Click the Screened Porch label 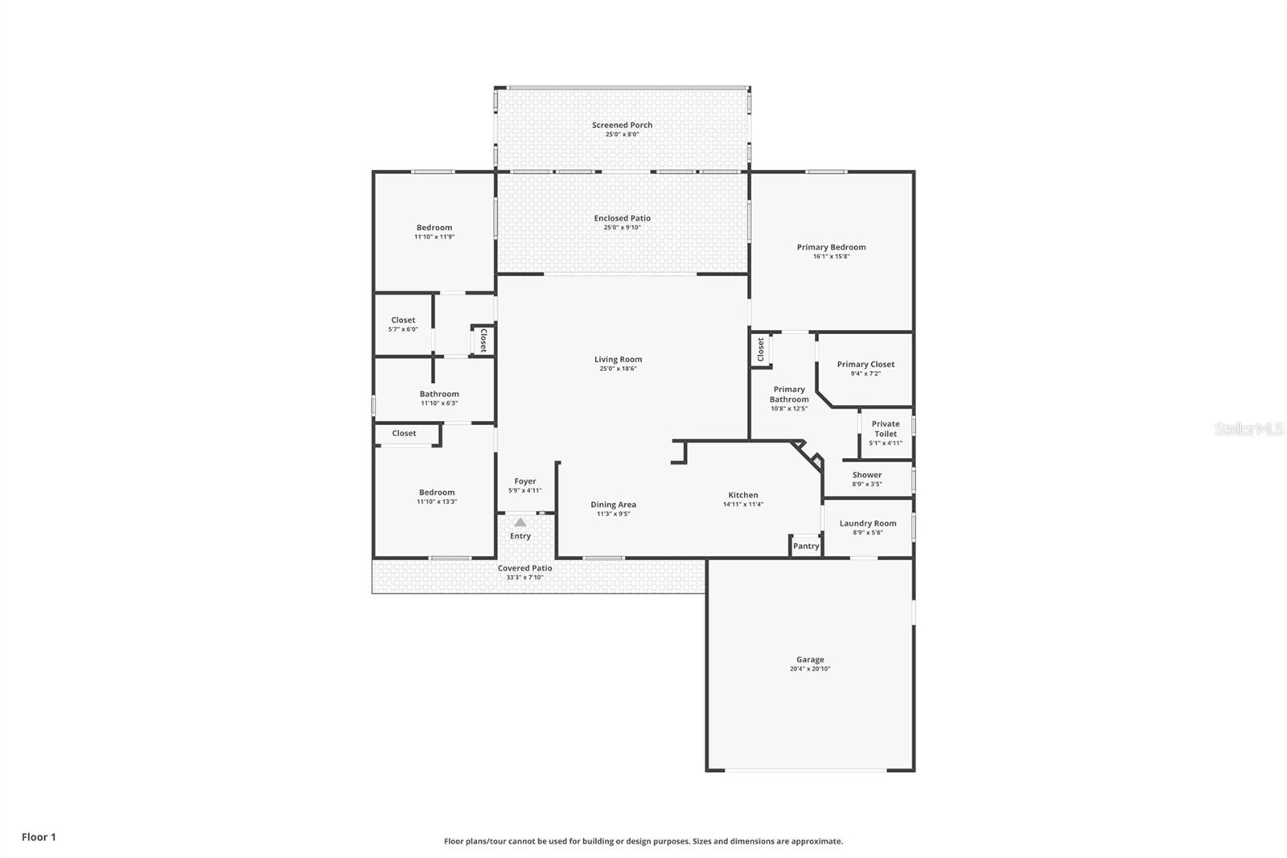(622, 125)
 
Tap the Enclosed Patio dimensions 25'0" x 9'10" (622, 228)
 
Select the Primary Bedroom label (831, 247)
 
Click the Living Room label (618, 360)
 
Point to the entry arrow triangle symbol (520, 522)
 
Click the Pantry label (805, 546)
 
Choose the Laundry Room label (867, 523)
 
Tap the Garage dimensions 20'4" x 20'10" (809, 669)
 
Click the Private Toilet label (885, 428)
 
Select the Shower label (866, 475)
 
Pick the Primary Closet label (865, 365)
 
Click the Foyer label (524, 481)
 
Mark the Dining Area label (613, 505)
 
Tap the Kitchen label (742, 495)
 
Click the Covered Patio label (524, 568)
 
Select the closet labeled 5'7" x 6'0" (403, 324)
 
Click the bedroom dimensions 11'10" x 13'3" (436, 501)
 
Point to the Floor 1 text (39, 837)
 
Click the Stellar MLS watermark (1248, 430)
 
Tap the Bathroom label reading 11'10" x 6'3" (438, 394)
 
